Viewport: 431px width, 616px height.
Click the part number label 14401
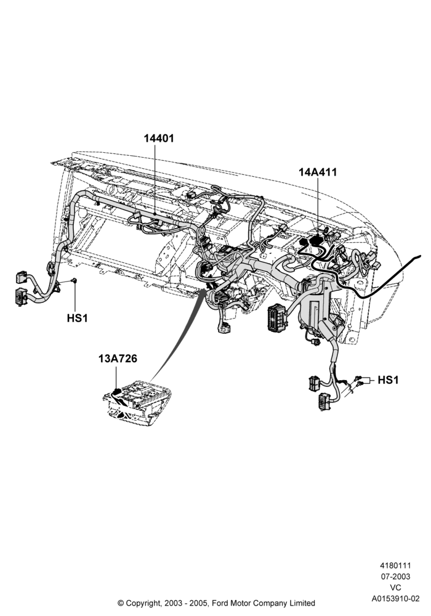click(x=159, y=138)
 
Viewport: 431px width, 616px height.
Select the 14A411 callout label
click(x=318, y=172)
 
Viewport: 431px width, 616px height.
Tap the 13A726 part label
click(x=118, y=359)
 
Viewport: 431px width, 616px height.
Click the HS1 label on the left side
click(x=77, y=318)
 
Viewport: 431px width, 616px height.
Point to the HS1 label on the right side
click(x=388, y=380)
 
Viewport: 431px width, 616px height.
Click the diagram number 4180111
click(x=395, y=565)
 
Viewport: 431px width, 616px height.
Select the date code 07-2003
click(x=395, y=577)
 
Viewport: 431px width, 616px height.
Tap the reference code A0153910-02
click(x=395, y=599)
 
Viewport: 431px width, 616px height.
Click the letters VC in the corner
click(x=395, y=588)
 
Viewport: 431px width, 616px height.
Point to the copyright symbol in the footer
click(x=121, y=602)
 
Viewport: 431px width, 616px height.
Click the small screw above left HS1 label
click(x=74, y=280)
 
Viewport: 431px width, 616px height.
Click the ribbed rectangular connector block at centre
click(x=276, y=316)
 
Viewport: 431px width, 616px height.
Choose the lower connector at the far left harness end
click(x=20, y=296)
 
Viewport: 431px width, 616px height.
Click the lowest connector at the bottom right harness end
click(x=325, y=402)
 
